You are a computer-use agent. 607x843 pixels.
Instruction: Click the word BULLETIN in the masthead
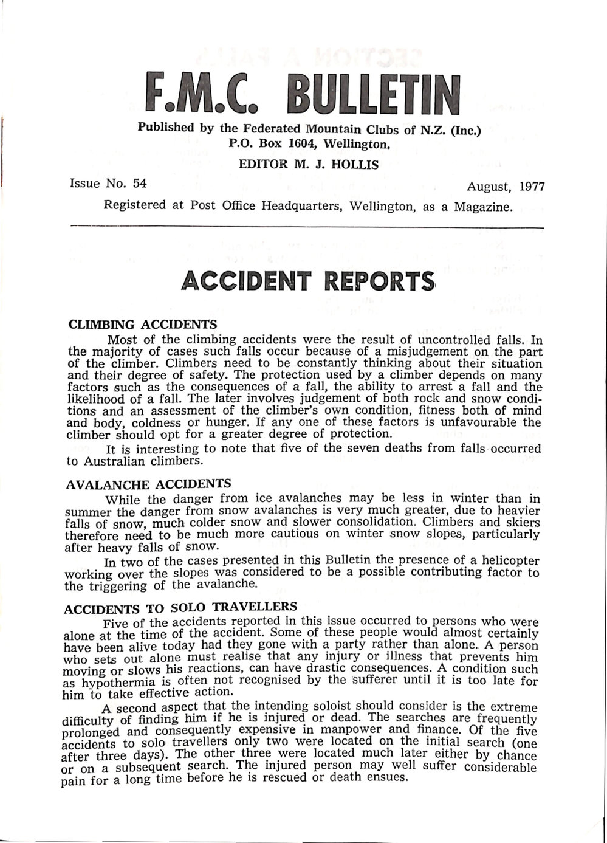pyautogui.click(x=369, y=95)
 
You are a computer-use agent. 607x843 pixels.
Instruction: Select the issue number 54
pyautogui.click(x=140, y=183)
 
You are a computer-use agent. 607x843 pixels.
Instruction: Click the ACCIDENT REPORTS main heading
pyautogui.click(x=308, y=282)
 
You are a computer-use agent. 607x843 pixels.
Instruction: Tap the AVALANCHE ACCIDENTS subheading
pyautogui.click(x=148, y=484)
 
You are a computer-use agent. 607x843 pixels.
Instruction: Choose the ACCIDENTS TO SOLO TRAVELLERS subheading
pyautogui.click(x=180, y=607)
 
